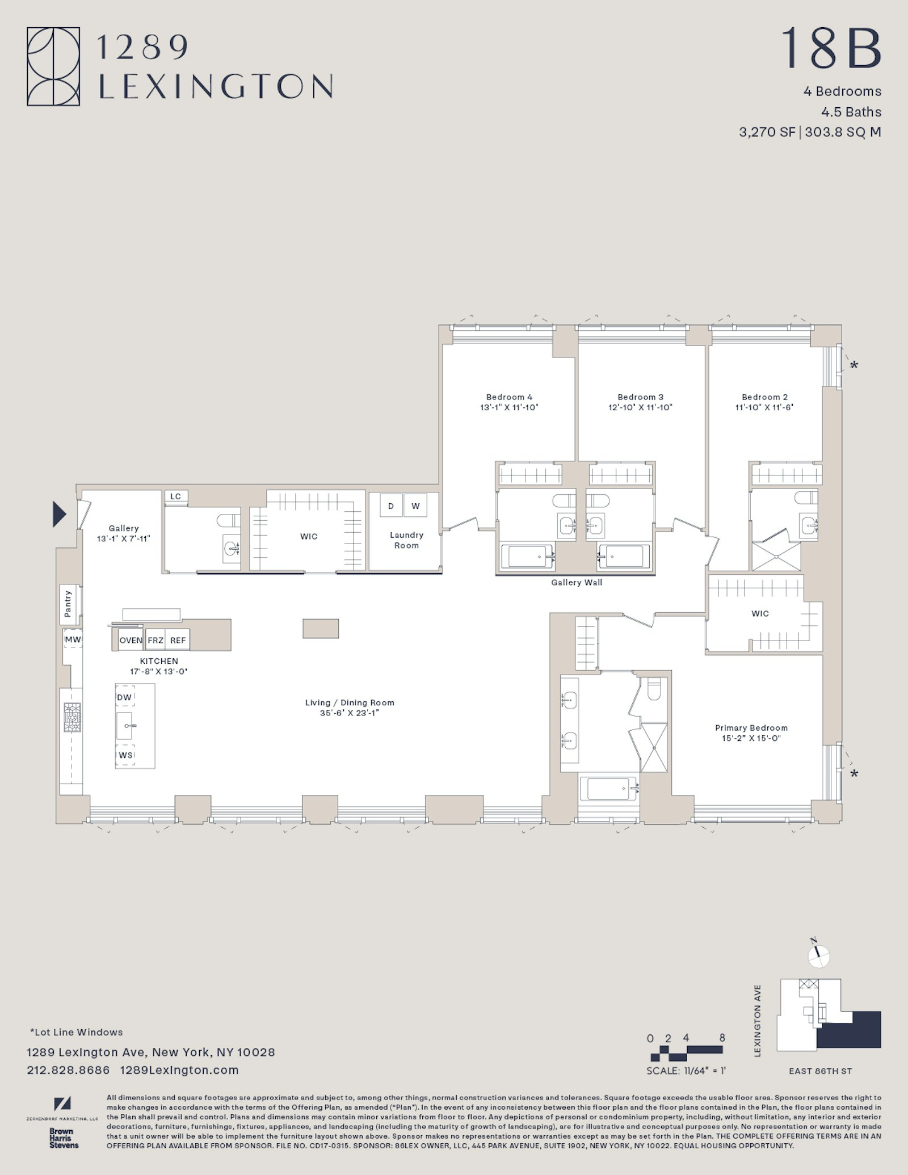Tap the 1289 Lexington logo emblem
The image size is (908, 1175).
53,67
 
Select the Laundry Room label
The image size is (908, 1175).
406,540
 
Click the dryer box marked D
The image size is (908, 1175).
391,506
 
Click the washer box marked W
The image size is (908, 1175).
415,506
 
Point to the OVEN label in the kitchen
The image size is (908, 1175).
131,640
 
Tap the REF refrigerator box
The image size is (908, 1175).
178,640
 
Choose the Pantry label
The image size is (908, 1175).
68,604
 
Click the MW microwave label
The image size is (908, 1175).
72,639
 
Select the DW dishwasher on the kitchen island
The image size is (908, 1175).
124,697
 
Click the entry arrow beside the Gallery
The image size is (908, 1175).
59,514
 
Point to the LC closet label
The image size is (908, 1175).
176,496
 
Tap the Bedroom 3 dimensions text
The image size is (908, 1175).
640,407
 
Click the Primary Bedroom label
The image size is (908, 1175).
751,728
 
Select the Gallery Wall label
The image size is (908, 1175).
576,582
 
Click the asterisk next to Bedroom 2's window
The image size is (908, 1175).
854,365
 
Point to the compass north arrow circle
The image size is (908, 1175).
819,957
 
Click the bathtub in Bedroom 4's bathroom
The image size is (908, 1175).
526,557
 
